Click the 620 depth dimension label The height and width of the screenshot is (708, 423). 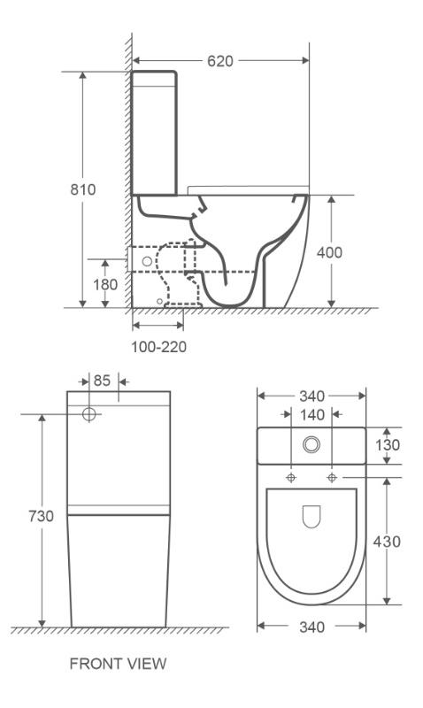tap(220, 61)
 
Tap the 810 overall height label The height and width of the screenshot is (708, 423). tap(83, 189)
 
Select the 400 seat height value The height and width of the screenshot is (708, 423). tap(329, 252)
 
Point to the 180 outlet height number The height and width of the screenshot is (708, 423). tap(105, 285)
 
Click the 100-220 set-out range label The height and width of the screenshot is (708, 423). tap(159, 347)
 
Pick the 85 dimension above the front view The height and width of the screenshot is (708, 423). tap(102, 381)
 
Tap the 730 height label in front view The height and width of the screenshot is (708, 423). tap(41, 516)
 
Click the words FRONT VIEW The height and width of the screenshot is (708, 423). tap(119, 664)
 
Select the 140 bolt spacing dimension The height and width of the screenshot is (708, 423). tap(312, 414)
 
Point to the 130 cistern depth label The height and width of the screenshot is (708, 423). tap(388, 445)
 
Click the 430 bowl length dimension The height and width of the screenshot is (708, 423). tap(387, 542)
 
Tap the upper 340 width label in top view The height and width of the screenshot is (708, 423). tap(312, 396)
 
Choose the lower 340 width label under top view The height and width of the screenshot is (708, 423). tap(312, 627)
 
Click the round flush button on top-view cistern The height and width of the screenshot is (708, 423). tap(311, 444)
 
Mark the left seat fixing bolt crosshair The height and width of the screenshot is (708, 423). tap(291, 477)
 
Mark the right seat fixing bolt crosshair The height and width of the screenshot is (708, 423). tap(332, 477)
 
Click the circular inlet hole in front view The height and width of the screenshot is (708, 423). tap(89, 414)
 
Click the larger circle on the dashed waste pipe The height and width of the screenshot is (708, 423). tap(147, 261)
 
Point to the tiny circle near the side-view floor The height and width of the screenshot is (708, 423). tap(159, 301)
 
